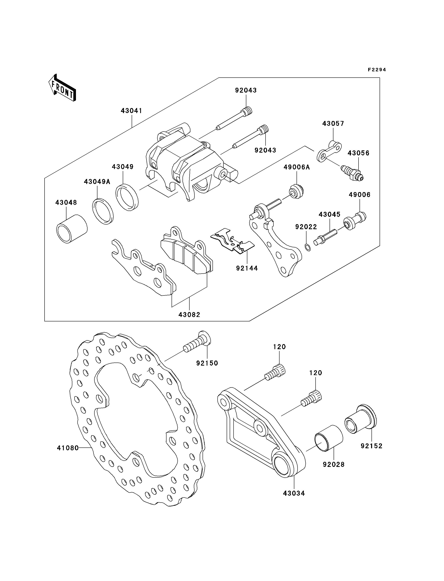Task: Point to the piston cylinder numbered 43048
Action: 72,228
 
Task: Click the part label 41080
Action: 68,448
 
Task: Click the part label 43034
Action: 294,493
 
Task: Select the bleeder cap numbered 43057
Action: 329,151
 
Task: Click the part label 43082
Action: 189,315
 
